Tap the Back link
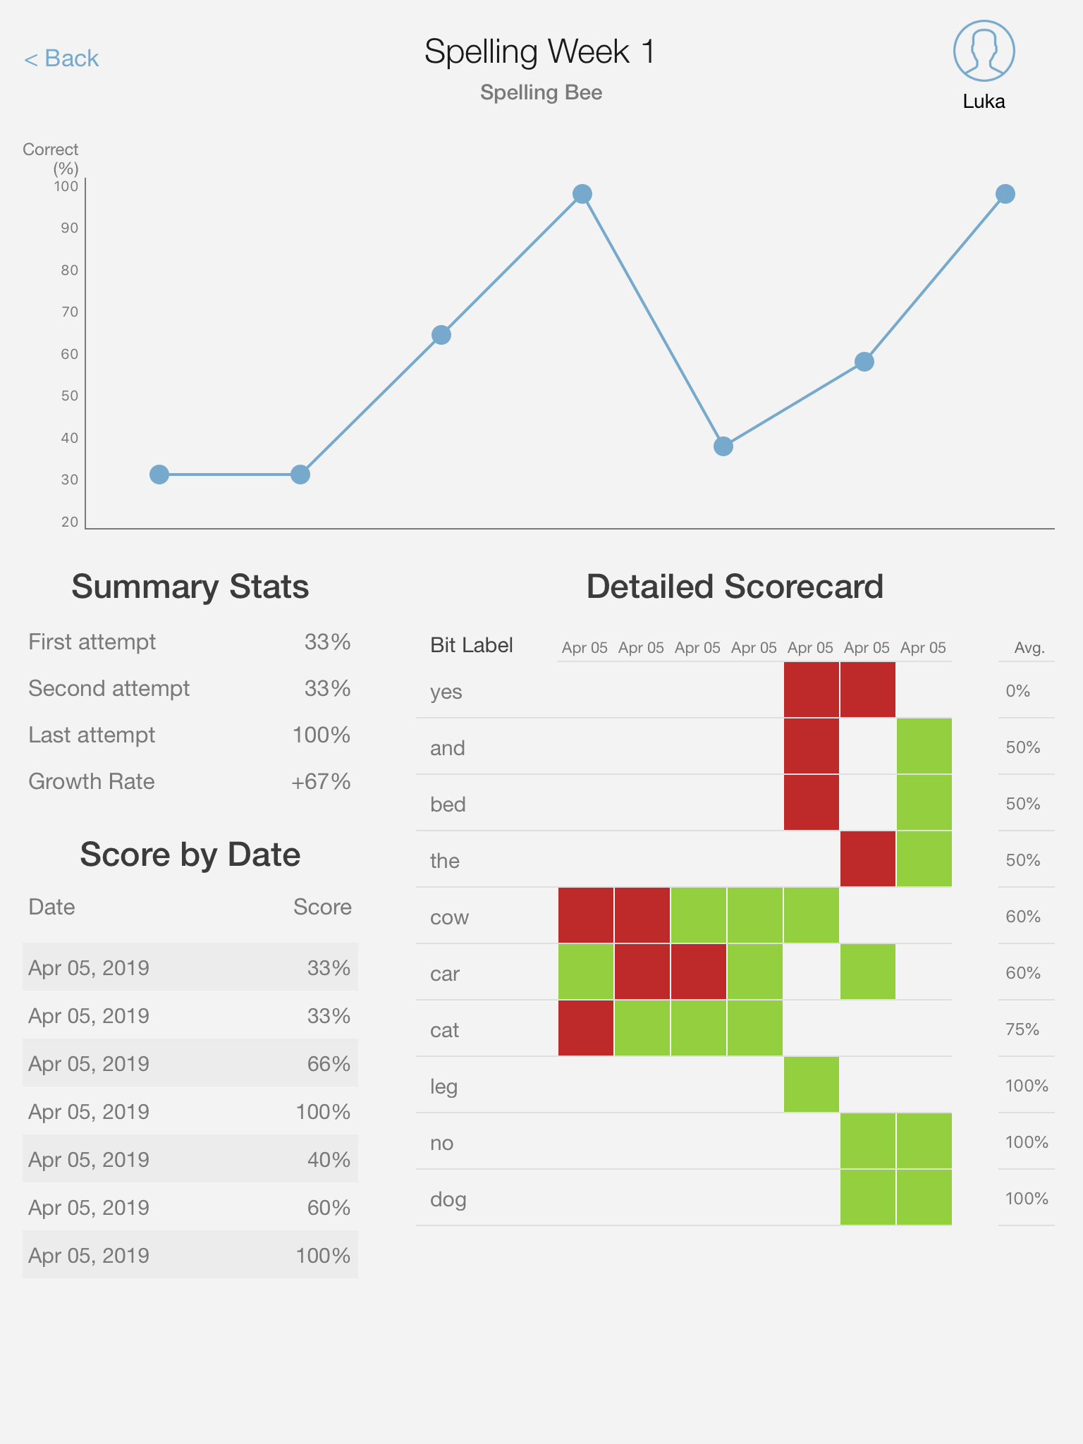click(x=61, y=59)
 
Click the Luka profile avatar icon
click(x=984, y=51)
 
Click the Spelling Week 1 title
click(x=540, y=51)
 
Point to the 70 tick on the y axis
click(x=69, y=312)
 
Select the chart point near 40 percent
click(x=723, y=446)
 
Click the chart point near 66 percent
click(x=441, y=335)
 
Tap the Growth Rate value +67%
click(x=321, y=782)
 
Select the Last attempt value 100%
click(x=322, y=735)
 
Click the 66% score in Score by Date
click(x=329, y=1064)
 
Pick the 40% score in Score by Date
click(x=329, y=1160)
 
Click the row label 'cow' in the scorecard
click(x=449, y=917)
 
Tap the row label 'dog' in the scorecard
click(x=448, y=1199)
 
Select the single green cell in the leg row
click(x=812, y=1084)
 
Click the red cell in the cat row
click(x=586, y=1028)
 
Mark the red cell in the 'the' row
click(x=868, y=859)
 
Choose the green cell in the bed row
click(x=924, y=802)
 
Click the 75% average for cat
click(x=1023, y=1029)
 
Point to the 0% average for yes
click(x=1018, y=691)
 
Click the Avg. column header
click(x=1029, y=648)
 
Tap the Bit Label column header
click(x=472, y=645)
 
